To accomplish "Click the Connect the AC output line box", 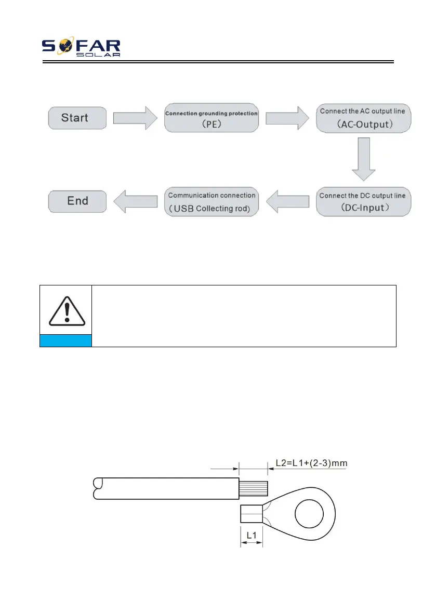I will (363, 118).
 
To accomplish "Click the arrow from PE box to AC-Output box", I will (287, 118).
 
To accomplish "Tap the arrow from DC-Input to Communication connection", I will (287, 201).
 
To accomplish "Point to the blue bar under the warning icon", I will (65, 340).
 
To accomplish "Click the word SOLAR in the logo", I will (101, 54).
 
